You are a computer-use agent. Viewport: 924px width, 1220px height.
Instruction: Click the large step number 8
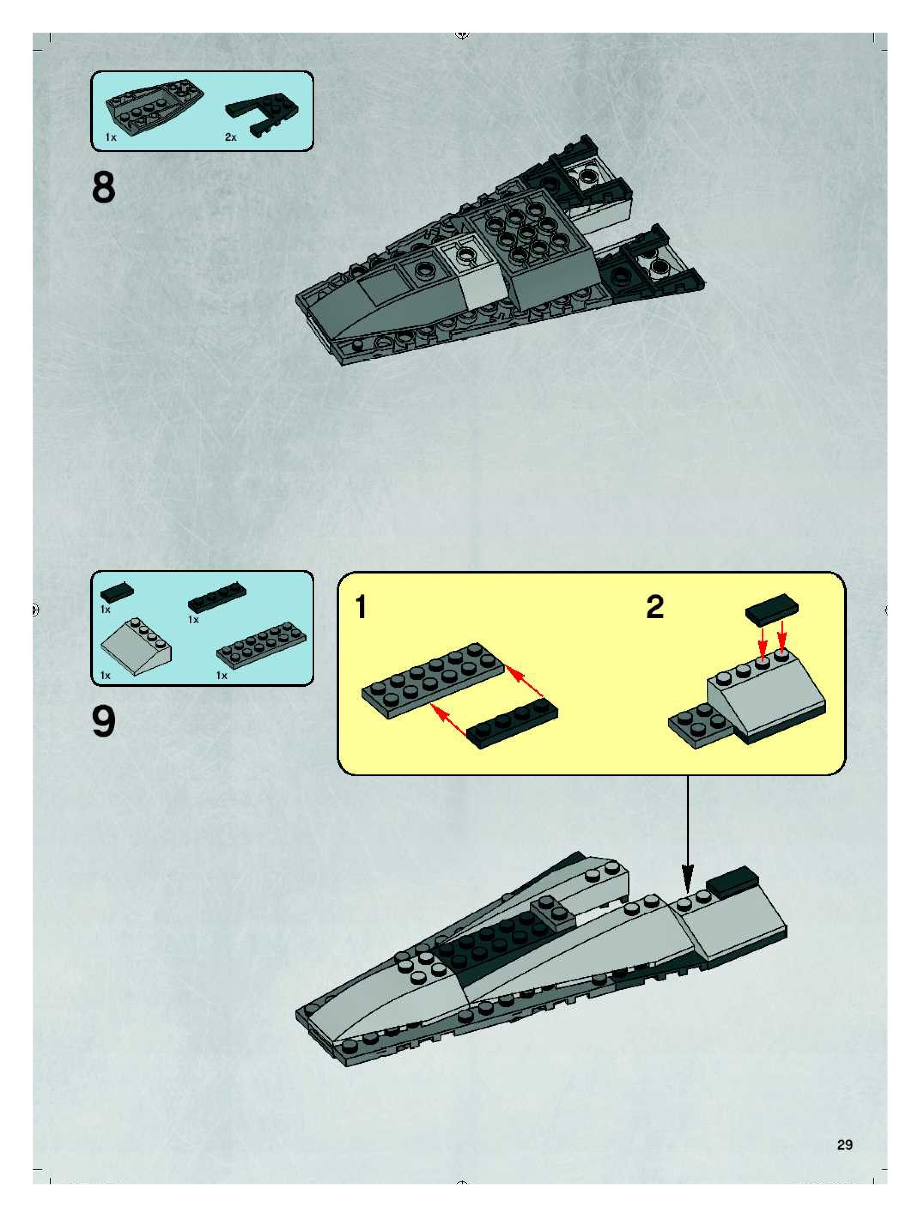(x=104, y=188)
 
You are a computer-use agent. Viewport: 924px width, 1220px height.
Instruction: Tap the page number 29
(x=845, y=1145)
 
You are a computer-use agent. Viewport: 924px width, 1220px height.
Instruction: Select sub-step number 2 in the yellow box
(x=655, y=607)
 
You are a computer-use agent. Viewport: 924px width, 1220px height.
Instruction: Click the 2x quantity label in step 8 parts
(x=231, y=137)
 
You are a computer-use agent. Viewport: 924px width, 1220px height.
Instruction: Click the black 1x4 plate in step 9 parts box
(x=217, y=596)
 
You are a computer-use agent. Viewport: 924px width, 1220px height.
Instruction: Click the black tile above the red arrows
(x=771, y=610)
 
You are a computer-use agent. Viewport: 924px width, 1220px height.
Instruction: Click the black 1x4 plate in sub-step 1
(x=512, y=725)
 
